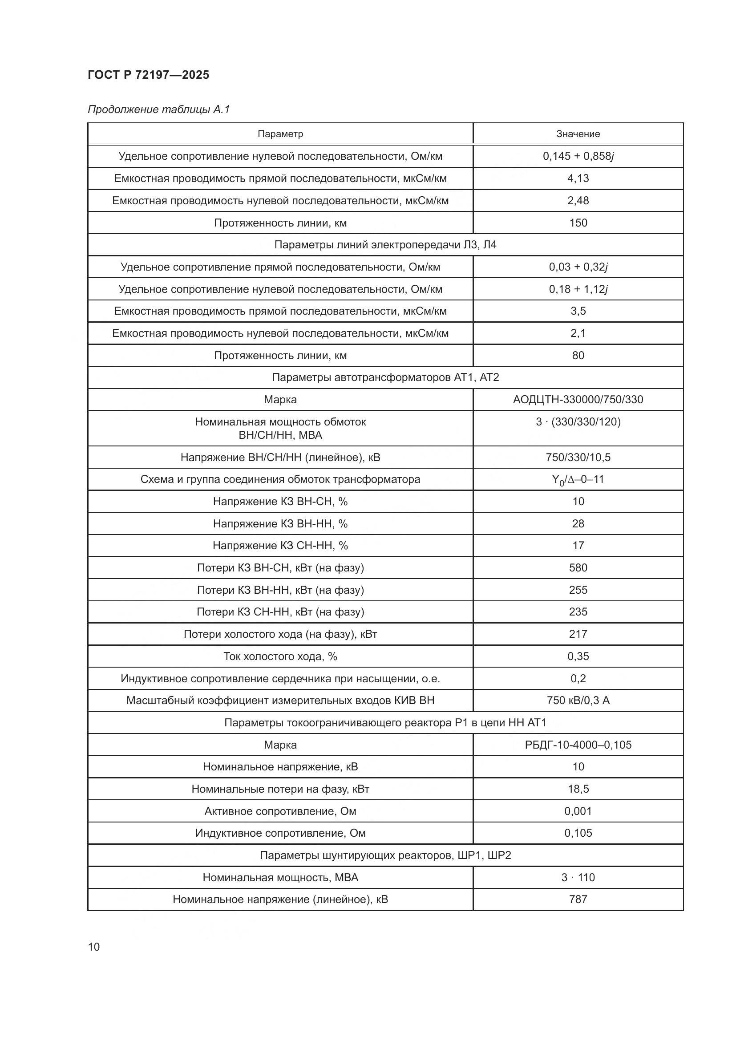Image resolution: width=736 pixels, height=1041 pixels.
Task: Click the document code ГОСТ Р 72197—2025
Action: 148,75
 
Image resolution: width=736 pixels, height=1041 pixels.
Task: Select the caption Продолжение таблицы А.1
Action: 158,110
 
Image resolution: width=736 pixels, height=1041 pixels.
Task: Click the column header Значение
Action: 578,134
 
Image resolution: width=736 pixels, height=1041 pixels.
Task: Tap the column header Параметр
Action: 280,134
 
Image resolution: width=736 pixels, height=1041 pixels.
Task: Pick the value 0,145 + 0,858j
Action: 578,156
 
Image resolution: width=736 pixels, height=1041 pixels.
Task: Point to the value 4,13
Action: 578,178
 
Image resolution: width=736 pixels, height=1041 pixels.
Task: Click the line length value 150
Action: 578,223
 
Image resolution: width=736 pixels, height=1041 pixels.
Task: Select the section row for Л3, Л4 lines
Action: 385,245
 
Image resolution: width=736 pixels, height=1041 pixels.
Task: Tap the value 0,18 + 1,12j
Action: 578,289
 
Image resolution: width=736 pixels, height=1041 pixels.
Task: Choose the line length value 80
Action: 578,356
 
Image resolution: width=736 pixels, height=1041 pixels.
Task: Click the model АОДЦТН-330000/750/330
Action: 578,399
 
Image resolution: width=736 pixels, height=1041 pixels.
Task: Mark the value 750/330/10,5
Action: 578,457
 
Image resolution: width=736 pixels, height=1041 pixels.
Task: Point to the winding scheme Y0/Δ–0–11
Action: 578,480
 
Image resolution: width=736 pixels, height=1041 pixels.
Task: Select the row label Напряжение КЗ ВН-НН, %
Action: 280,524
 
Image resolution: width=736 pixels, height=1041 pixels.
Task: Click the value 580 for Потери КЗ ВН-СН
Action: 578,567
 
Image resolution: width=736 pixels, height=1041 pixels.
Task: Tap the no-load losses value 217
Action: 578,634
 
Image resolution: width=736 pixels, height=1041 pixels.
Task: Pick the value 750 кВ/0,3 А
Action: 578,701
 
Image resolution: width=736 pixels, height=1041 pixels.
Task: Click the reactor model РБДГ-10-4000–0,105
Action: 578,745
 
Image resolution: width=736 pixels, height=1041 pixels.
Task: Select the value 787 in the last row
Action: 578,899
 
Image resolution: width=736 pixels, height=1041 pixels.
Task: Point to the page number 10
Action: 94,947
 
